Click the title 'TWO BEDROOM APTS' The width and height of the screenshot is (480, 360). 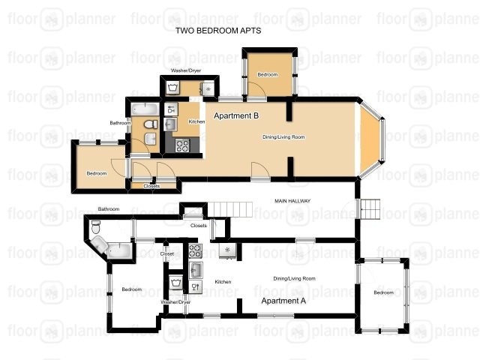[x=218, y=31]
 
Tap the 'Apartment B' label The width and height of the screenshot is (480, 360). [x=236, y=115]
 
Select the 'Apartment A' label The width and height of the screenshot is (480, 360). [x=283, y=301]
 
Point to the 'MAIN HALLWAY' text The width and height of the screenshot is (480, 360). [x=292, y=201]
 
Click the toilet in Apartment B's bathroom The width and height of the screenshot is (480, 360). [x=151, y=124]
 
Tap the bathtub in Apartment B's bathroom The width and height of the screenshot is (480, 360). [x=145, y=109]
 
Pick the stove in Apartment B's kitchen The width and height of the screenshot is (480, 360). [x=182, y=145]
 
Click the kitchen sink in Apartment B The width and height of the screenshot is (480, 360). [x=170, y=124]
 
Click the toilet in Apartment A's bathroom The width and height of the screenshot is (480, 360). [x=96, y=226]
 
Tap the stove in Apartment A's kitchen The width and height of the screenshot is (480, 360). [x=195, y=251]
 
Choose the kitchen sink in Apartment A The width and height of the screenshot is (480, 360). [x=196, y=270]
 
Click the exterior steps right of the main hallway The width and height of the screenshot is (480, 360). [x=370, y=209]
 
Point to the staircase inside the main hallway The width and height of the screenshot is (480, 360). [x=230, y=209]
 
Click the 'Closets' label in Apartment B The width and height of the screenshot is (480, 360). [x=151, y=186]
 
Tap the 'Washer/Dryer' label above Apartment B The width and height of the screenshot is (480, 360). [x=186, y=70]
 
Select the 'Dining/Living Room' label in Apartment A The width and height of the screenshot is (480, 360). [x=294, y=278]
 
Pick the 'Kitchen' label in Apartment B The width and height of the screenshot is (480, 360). [x=196, y=121]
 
